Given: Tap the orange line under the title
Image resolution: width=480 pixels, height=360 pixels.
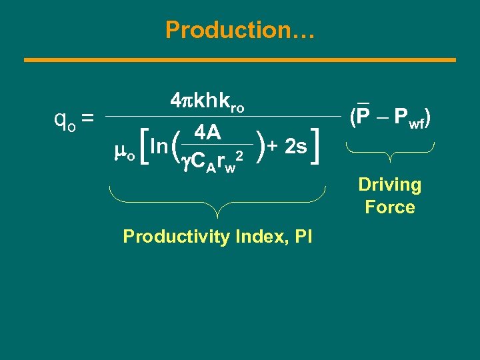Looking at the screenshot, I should (240, 60).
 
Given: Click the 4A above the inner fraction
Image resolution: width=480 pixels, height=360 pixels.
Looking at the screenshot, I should (207, 133).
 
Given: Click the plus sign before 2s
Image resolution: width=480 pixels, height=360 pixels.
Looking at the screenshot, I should (274, 146).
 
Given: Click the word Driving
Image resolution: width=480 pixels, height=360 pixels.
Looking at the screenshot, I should (390, 185).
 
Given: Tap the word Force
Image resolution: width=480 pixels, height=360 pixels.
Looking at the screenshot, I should (390, 207).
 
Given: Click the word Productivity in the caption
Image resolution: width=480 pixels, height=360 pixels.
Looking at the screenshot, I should (174, 236).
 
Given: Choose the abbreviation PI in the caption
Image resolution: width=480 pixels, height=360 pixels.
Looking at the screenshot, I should (301, 236).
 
